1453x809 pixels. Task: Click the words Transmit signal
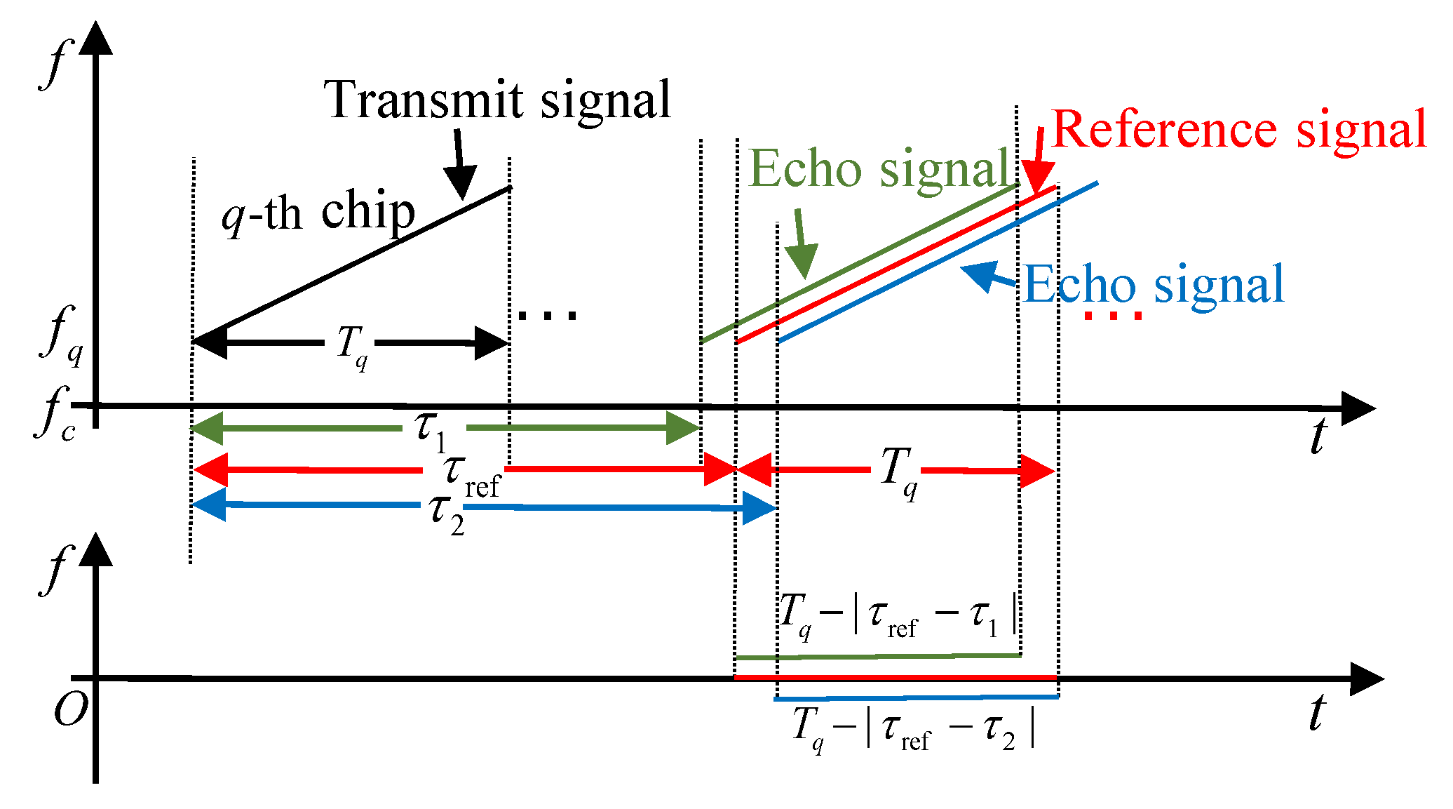497,100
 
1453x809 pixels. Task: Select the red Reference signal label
1239,130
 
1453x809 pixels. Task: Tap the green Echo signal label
879,169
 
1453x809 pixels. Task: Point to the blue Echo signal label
1154,285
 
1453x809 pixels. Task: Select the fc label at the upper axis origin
56,414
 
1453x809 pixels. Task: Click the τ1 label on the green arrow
430,429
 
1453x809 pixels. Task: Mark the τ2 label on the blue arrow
447,514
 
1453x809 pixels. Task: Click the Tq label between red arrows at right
898,472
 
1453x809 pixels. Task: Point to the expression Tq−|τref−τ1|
898,615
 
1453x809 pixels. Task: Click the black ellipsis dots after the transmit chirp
547,316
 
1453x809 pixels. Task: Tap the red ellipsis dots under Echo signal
1113,316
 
